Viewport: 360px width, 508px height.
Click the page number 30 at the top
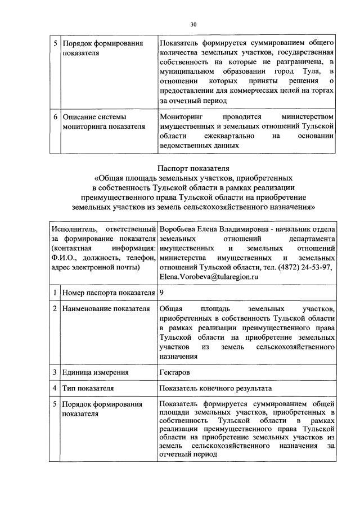193,25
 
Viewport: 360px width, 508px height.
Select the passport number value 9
162,293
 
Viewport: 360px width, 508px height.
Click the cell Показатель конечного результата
215,388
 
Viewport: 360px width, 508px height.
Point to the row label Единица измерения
96,372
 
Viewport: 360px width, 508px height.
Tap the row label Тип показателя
88,388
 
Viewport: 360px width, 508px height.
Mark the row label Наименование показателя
106,309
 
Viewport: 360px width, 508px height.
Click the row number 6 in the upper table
55,117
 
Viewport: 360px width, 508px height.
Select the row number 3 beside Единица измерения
55,372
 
